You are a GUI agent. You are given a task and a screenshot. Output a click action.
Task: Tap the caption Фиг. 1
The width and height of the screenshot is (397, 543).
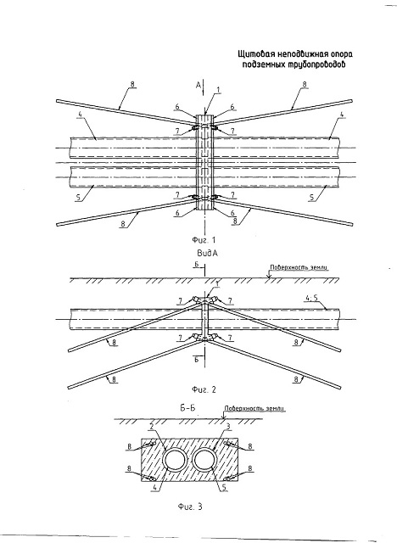pyautogui.click(x=204, y=239)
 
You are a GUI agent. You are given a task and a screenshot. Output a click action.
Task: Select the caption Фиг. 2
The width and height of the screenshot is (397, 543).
pyautogui.click(x=204, y=389)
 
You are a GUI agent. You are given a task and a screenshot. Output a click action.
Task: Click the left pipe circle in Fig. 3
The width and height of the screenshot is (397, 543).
pyautogui.click(x=175, y=449)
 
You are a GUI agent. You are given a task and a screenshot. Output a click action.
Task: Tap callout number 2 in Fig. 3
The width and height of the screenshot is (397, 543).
pyautogui.click(x=152, y=427)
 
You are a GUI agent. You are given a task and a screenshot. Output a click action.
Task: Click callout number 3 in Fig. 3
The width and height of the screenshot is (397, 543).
pyautogui.click(x=228, y=427)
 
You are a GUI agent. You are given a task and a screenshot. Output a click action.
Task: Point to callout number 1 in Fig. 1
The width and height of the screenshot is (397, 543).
pyautogui.click(x=218, y=90)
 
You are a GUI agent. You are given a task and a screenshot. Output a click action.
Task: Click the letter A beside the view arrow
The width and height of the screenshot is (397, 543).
pyautogui.click(x=198, y=85)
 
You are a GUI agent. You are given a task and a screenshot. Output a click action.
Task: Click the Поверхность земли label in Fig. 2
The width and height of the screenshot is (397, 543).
pyautogui.click(x=299, y=267)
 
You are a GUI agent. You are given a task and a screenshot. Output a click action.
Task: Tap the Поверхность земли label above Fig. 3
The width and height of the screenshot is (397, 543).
pyautogui.click(x=254, y=408)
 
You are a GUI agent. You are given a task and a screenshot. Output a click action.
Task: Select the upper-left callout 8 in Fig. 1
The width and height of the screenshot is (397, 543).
pyautogui.click(x=131, y=84)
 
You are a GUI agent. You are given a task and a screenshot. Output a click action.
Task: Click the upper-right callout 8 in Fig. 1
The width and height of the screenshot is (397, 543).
pyautogui.click(x=305, y=84)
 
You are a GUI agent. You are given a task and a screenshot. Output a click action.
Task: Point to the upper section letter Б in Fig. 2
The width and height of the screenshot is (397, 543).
pyautogui.click(x=196, y=266)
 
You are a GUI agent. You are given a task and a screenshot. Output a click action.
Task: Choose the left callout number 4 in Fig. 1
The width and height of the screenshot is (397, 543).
pyautogui.click(x=80, y=119)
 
